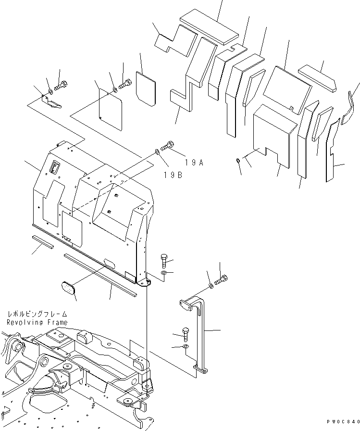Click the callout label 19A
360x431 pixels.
click(195, 163)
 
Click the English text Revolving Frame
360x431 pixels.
click(37, 322)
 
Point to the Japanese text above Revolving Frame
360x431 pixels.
click(37, 314)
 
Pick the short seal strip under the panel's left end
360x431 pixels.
click(44, 241)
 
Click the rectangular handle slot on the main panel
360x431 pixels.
click(54, 167)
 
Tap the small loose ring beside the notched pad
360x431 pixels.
click(239, 161)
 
